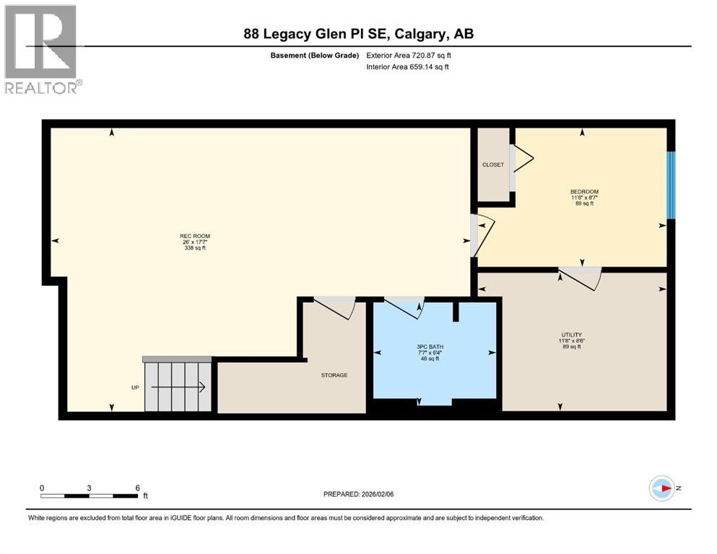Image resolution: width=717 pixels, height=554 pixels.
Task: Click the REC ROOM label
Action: coord(195,236)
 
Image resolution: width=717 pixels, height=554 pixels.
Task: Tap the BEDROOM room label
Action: coord(584,192)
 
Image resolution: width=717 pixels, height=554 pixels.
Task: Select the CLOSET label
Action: coord(493,165)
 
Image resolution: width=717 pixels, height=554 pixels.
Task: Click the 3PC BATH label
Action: coord(430,347)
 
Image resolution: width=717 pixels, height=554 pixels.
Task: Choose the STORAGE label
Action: coord(334,375)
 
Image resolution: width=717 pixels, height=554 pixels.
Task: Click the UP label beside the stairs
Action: coord(135,388)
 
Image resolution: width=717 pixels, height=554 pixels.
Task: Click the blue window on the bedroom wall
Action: coord(671,185)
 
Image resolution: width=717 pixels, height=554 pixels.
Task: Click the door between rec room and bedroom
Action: coord(482,234)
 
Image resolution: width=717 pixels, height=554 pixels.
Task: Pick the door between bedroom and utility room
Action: coord(582,277)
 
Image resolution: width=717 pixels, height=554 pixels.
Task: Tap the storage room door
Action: coord(335,307)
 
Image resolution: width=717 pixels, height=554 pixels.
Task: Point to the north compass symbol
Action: coord(662,488)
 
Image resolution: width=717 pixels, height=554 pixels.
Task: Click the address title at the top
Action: coord(358,34)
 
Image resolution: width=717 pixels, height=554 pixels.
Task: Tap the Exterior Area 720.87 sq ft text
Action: coord(408,55)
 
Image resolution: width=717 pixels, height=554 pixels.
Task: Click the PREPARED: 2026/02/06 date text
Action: coord(358,494)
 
